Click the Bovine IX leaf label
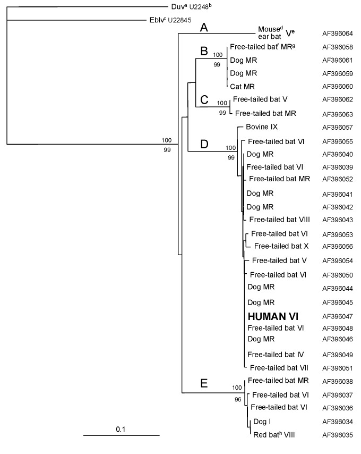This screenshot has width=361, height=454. click(x=262, y=128)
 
